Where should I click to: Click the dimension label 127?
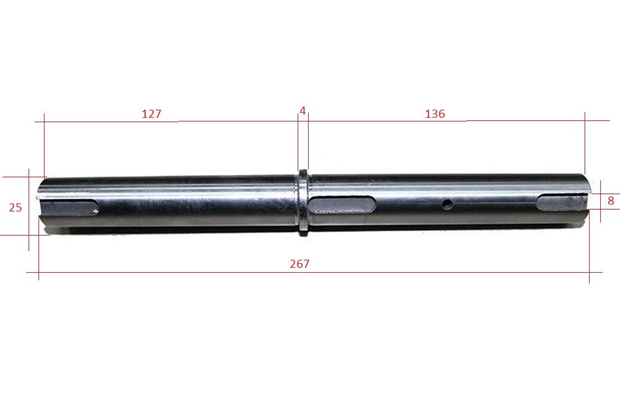click(x=151, y=114)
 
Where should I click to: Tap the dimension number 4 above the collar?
click(x=303, y=111)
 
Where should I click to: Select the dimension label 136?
click(x=435, y=114)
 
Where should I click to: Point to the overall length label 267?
click(x=299, y=264)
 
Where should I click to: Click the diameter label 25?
click(x=15, y=208)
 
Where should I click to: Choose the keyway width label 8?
click(x=611, y=201)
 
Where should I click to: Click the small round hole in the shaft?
click(x=447, y=205)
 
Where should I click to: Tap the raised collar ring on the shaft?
click(x=303, y=202)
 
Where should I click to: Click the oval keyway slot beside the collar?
click(x=342, y=205)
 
